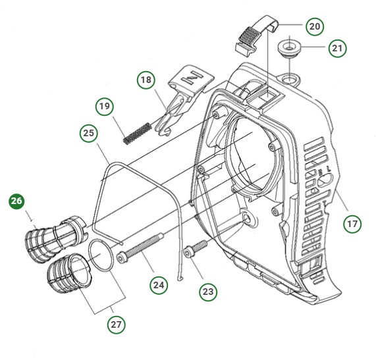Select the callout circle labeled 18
(146, 81)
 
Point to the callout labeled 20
(313, 27)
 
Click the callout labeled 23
(209, 290)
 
